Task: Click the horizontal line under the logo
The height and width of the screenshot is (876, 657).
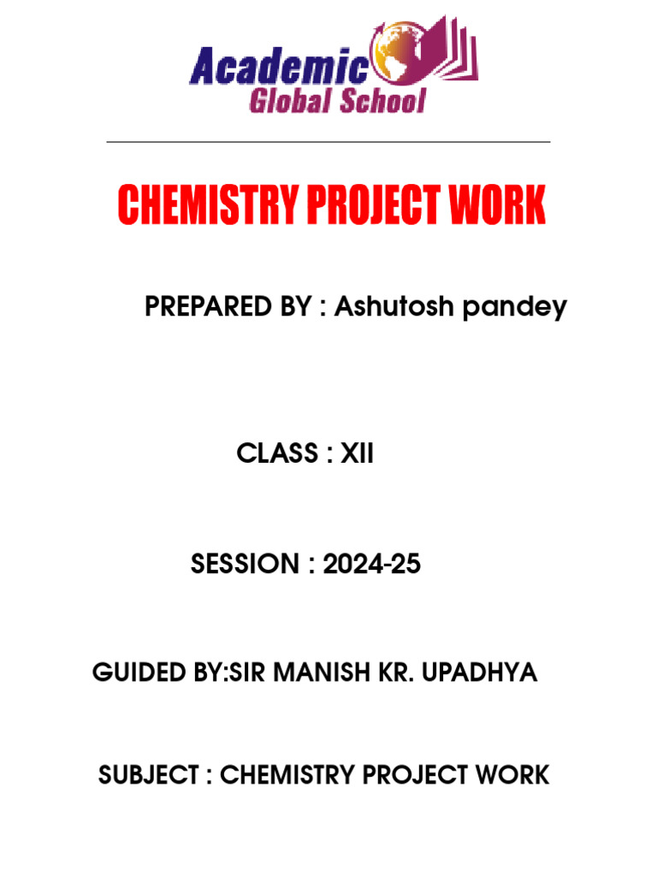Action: [328, 142]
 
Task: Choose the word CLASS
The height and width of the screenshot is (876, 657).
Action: [277, 454]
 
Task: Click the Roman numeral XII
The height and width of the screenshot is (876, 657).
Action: [358, 454]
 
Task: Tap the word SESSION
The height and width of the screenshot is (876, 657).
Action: [241, 565]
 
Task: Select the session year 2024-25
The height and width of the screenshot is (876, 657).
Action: [372, 565]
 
